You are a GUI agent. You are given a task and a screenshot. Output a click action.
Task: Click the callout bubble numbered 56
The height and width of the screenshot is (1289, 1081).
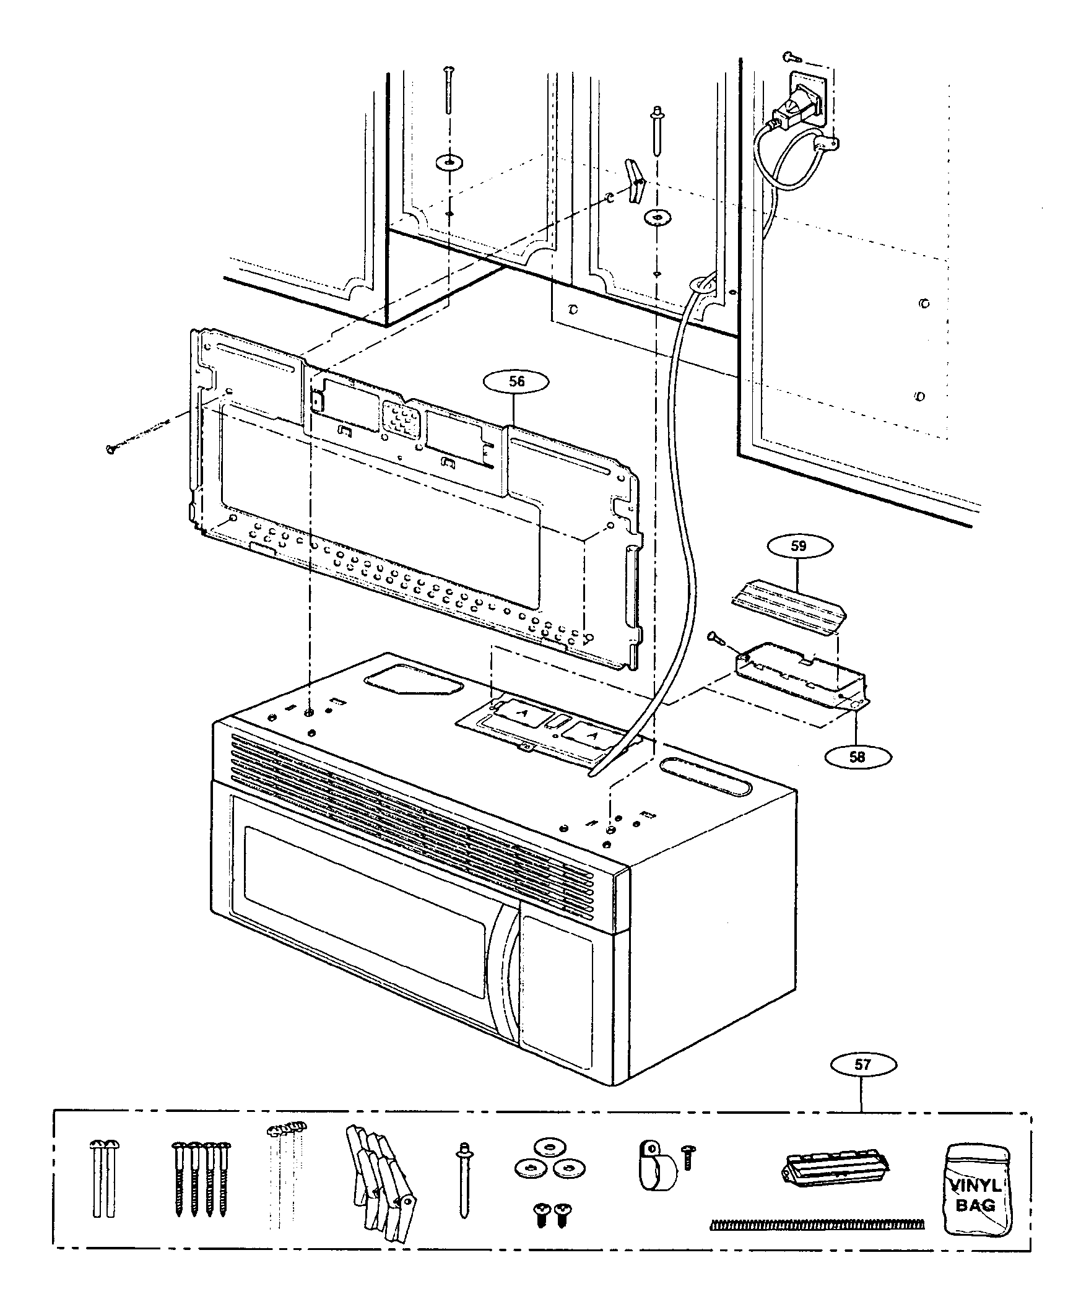coord(516,382)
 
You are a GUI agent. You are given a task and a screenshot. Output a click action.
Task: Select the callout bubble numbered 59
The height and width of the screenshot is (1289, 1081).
coord(799,546)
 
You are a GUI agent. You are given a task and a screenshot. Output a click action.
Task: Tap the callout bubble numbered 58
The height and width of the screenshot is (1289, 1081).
coord(857,757)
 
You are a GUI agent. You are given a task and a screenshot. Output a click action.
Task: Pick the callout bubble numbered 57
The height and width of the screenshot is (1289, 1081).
coord(862,1065)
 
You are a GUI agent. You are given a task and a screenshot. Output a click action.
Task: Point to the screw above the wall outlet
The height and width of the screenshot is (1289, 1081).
coord(791,58)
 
